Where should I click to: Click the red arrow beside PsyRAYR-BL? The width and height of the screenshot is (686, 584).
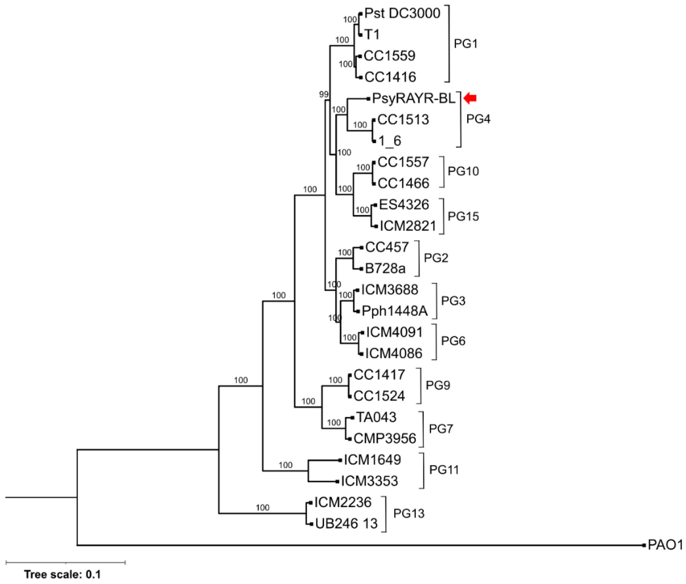coord(470,98)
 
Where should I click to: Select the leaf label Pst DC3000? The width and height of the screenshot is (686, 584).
coord(402,13)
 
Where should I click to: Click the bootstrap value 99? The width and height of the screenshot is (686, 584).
coord(324,95)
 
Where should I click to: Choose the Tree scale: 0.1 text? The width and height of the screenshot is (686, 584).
coord(62,574)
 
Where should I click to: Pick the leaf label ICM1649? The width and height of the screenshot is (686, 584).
coord(372,460)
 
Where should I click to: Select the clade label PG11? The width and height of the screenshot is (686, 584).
coord(444,470)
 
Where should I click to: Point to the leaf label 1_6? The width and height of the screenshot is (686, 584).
coord(390,141)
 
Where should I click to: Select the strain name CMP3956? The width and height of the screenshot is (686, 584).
coord(385,439)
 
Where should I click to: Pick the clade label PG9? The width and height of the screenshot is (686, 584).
coord(438,385)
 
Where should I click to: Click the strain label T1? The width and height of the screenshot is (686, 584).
coord(372,34)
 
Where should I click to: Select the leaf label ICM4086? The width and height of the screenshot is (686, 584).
coord(394,353)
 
